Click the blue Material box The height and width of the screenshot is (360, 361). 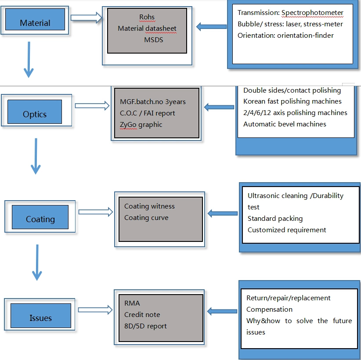[35, 19]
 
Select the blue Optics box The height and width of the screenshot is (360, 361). [35, 112]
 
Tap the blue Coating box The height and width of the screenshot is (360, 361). [40, 217]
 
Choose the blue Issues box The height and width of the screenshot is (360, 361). [41, 316]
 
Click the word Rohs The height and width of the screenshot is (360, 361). [147, 17]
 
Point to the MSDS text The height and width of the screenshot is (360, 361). [154, 40]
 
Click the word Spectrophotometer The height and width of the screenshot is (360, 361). [312, 13]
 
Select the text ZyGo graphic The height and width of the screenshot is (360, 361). [141, 125]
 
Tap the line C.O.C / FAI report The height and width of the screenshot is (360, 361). [148, 113]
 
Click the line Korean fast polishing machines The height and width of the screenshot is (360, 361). [292, 101]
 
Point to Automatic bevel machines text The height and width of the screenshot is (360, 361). [285, 124]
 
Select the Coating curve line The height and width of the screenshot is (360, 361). [146, 218]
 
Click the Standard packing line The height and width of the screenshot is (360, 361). [275, 219]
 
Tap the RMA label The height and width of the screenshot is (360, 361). [132, 303]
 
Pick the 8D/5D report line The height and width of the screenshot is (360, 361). [145, 326]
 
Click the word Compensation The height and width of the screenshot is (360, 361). [269, 310]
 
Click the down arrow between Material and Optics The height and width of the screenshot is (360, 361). [29, 60]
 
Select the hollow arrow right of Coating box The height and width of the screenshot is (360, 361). [96, 212]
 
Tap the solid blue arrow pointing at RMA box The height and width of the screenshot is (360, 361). [222, 311]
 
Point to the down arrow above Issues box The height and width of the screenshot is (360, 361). [37, 263]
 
